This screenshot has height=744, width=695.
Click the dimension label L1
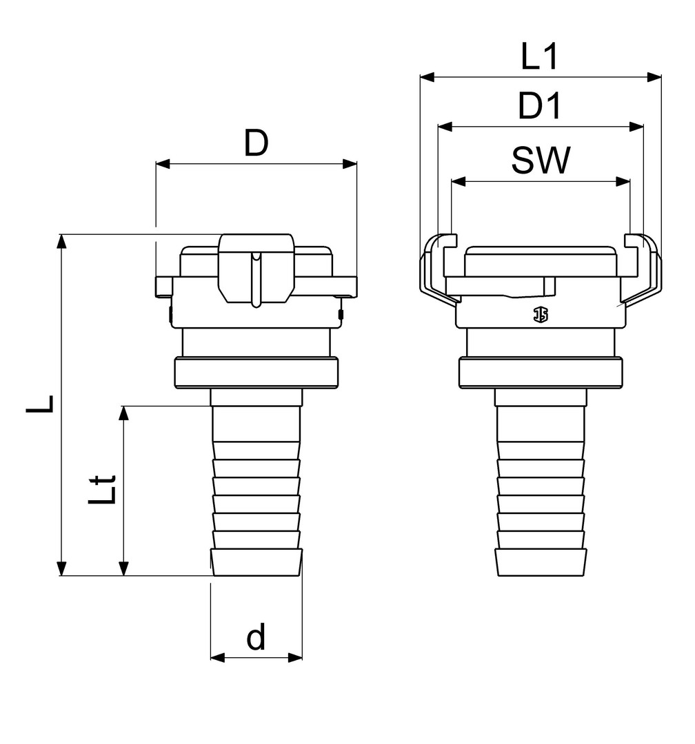coord(539,56)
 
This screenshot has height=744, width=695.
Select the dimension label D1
coord(540,106)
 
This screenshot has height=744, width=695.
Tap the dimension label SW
coord(541,160)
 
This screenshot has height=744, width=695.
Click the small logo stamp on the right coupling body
coord(540,314)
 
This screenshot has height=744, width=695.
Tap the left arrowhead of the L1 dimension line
coord(427,77)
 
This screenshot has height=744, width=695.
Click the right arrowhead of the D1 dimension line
coord(636,127)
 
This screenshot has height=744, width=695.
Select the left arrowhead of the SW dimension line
coord(459,181)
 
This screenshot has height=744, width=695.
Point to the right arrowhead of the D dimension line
coord(350,164)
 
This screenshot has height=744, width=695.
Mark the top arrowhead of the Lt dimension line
coord(123,413)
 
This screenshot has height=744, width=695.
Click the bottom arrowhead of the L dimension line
coord(61,568)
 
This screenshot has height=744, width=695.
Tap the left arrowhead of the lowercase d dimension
coord(218,657)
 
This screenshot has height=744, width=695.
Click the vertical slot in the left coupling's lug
coord(256,280)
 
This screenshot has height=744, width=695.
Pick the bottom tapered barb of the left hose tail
coord(256,563)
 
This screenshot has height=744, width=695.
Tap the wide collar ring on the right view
coord(541,373)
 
